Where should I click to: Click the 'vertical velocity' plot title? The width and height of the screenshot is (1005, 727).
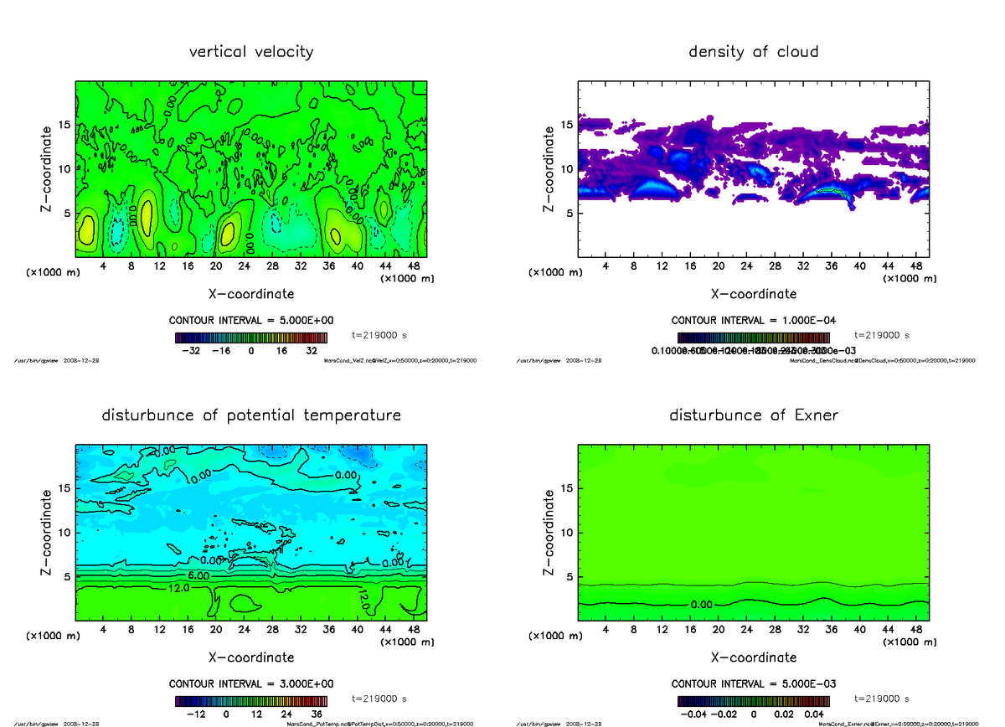(251, 52)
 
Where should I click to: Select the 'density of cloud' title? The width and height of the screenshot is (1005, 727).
(753, 52)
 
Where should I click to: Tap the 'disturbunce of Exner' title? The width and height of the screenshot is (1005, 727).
(754, 415)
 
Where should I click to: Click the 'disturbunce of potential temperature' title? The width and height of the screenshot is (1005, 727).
(251, 415)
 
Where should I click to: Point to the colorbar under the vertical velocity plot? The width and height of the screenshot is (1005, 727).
(251, 338)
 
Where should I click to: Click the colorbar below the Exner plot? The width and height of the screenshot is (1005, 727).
(754, 701)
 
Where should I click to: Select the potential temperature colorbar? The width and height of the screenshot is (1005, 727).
(251, 701)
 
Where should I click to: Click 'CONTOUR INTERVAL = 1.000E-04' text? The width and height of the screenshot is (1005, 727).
(754, 321)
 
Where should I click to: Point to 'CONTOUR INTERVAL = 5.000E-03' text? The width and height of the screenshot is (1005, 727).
(754, 683)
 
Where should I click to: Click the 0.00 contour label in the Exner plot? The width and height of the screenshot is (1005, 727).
(703, 604)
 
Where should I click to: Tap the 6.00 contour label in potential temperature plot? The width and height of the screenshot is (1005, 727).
(198, 576)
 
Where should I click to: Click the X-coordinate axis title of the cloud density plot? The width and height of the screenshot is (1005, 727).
(754, 294)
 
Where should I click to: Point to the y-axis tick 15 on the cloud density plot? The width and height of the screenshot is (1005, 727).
(568, 125)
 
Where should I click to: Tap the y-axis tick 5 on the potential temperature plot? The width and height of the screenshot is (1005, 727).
(66, 576)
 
